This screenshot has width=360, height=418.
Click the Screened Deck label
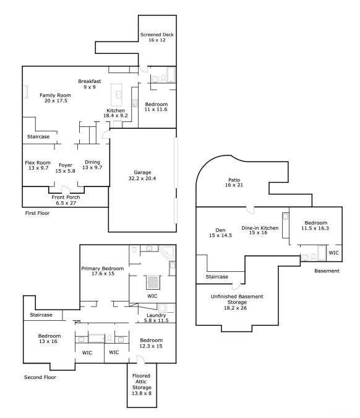[157, 35]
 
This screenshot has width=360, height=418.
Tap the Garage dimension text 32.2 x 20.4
[142, 178]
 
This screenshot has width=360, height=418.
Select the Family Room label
[55, 95]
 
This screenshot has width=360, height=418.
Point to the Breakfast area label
[90, 81]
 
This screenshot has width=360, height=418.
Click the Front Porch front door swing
[66, 189]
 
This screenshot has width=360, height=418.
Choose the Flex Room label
[38, 162]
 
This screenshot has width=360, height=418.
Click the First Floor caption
[37, 213]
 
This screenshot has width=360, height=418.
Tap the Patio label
[234, 180]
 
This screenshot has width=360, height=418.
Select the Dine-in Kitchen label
[260, 228]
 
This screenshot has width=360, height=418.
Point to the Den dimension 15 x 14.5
[220, 235]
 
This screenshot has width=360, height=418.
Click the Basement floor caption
[327, 271]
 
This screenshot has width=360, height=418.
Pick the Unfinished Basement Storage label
[237, 299]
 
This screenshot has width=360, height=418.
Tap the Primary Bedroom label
[103, 268]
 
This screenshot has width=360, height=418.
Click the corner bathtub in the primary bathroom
[167, 252]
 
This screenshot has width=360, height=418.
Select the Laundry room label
[156, 315]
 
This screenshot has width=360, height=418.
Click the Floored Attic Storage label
[142, 381]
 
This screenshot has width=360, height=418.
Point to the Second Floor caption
[40, 377]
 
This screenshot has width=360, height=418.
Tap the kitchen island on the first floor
[117, 95]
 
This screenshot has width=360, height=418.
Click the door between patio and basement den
[250, 210]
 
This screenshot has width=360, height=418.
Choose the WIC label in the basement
[333, 253]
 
